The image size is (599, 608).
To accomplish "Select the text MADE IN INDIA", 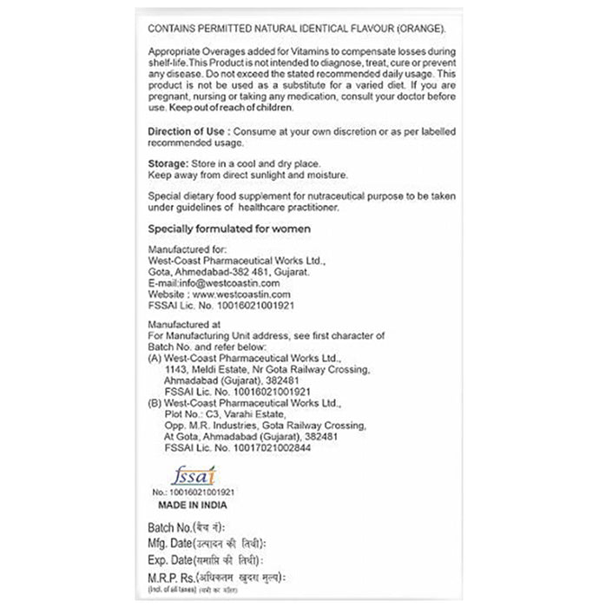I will click(193, 503).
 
